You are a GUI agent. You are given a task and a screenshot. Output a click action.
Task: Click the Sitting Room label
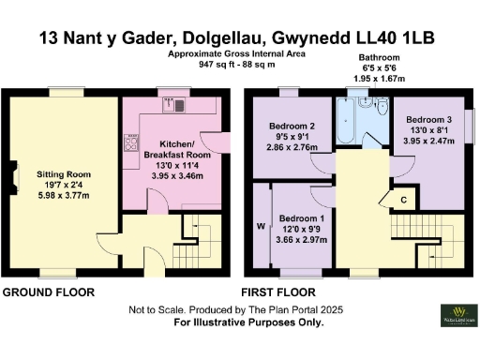[x=65, y=174]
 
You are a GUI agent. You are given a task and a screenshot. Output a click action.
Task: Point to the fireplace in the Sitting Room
[x=14, y=177]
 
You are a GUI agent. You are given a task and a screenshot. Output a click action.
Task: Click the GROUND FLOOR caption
[x=48, y=292]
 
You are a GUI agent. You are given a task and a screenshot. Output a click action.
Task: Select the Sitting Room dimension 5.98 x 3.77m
[x=65, y=197]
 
